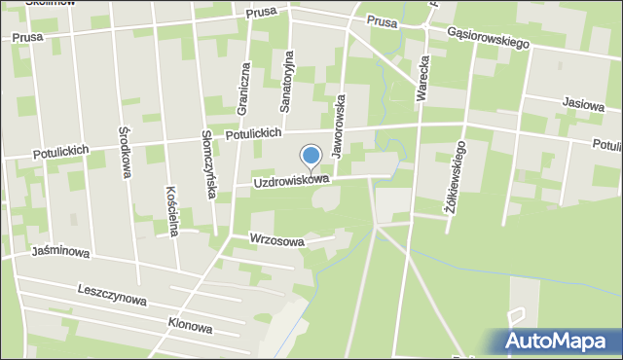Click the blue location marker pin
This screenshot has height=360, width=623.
pos(311,157)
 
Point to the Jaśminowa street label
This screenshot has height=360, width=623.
pos(59,253)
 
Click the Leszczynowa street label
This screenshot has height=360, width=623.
pos(112,296)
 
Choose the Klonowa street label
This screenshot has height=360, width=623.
pos(190,328)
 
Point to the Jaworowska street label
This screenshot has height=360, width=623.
pos(339,126)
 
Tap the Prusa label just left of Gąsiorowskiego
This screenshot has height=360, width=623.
pos(382,21)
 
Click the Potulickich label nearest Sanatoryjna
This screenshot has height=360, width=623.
pos(252,134)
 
